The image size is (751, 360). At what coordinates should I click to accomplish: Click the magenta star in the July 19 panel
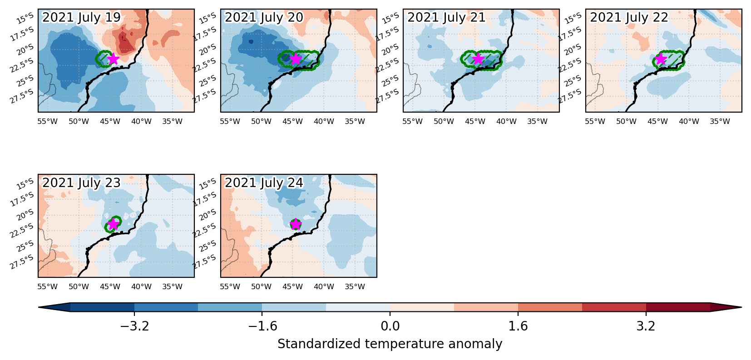pyautogui.click(x=114, y=59)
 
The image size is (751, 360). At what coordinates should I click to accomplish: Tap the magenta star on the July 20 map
pyautogui.click(x=296, y=59)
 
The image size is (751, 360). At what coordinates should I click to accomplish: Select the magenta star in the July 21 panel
pyautogui.click(x=478, y=59)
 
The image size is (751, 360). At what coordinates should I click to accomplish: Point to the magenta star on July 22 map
pyautogui.click(x=661, y=59)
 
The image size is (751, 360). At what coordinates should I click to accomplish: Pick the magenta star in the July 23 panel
pyautogui.click(x=114, y=224)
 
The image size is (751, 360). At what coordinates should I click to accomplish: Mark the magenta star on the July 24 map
pyautogui.click(x=296, y=224)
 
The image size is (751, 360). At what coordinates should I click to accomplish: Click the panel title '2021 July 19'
pyautogui.click(x=81, y=17)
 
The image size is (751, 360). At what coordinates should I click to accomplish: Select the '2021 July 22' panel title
pyautogui.click(x=629, y=17)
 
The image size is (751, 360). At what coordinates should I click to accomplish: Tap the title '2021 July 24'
pyautogui.click(x=264, y=182)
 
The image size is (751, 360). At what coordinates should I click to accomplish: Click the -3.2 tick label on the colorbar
pyautogui.click(x=134, y=326)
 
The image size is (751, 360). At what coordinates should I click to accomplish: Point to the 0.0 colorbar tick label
pyautogui.click(x=390, y=326)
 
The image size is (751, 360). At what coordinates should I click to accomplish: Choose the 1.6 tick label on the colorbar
pyautogui.click(x=518, y=326)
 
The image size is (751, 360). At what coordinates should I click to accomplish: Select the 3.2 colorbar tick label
pyautogui.click(x=646, y=326)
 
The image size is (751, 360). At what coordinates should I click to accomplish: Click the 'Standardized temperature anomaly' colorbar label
pyautogui.click(x=390, y=344)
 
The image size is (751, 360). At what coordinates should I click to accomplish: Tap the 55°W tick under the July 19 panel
pyautogui.click(x=47, y=121)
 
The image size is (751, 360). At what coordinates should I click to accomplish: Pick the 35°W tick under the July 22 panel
pyautogui.click(x=720, y=121)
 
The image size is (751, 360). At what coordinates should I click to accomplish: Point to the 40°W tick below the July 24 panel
pyautogui.click(x=324, y=286)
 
